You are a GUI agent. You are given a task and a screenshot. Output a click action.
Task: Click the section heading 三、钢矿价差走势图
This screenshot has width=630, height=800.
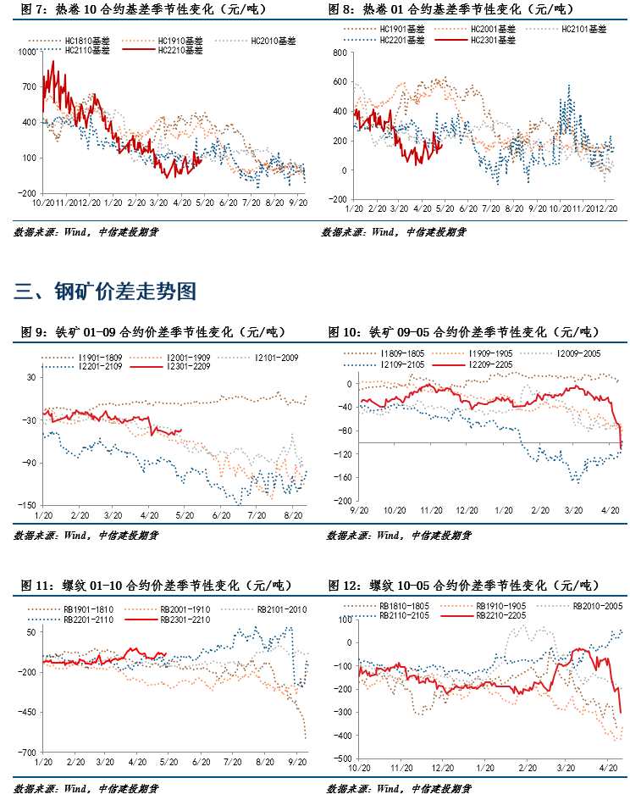(106, 292)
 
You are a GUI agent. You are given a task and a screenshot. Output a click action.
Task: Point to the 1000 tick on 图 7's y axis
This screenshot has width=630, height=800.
(27, 52)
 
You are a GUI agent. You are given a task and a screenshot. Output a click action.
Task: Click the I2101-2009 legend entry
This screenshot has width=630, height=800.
(276, 357)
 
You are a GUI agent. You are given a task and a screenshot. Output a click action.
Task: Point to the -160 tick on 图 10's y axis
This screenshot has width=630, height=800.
(340, 477)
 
